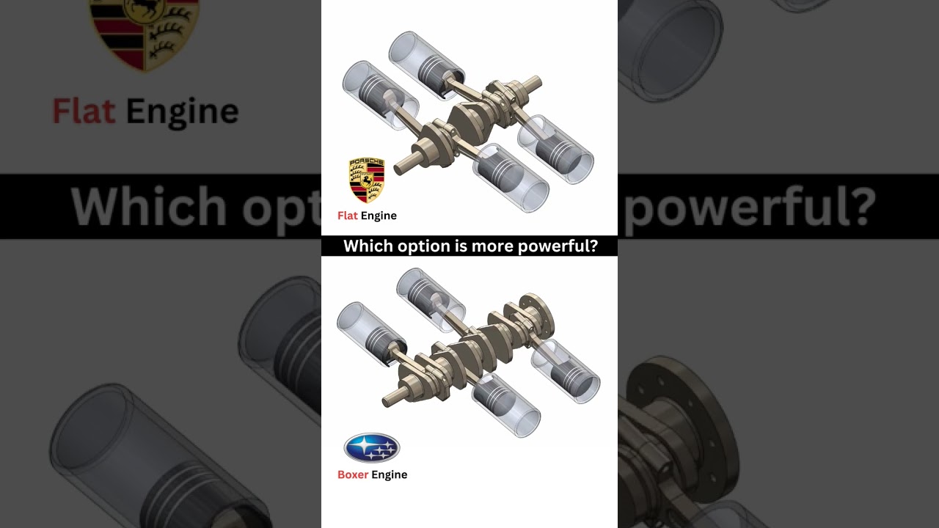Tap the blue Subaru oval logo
click(372, 448)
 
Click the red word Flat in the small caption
click(348, 216)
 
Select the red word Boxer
click(353, 474)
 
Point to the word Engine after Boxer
click(389, 474)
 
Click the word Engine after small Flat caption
click(379, 216)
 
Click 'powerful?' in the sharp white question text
click(558, 246)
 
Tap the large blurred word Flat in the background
click(84, 111)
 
